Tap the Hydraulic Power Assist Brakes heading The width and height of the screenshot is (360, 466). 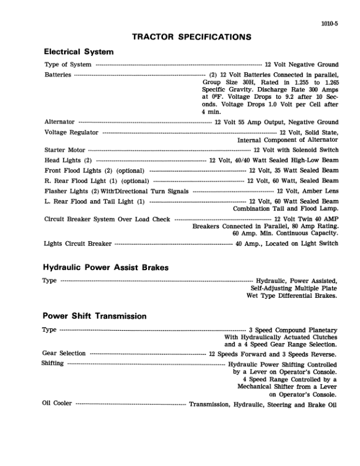pyautogui.click(x=106, y=267)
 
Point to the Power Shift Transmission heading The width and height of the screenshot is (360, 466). pyautogui.click(x=95, y=316)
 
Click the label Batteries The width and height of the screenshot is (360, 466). pyautogui.click(x=58, y=75)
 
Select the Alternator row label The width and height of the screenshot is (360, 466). pyautogui.click(x=59, y=122)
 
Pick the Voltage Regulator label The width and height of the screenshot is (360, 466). pyautogui.click(x=71, y=132)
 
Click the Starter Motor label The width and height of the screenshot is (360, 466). pyautogui.click(x=65, y=150)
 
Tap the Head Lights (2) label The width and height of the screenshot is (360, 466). pyautogui.click(x=68, y=160)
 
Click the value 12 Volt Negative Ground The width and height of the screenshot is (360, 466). pyautogui.click(x=301, y=64)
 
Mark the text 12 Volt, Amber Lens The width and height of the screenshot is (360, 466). pyautogui.click(x=307, y=191)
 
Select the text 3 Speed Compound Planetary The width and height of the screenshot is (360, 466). pyautogui.click(x=293, y=329)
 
